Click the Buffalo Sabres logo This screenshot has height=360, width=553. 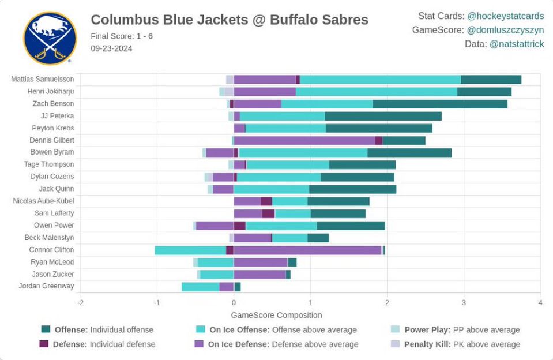click(x=50, y=38)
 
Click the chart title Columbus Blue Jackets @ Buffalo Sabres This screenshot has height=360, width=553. click(x=229, y=20)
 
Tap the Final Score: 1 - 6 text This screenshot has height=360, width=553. click(x=122, y=36)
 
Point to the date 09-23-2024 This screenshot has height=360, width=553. click(x=111, y=48)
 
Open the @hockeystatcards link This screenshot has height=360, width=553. click(x=505, y=16)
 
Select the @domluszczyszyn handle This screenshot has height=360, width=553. click(x=505, y=30)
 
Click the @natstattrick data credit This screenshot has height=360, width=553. click(x=516, y=44)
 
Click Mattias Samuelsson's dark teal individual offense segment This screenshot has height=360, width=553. click(x=491, y=80)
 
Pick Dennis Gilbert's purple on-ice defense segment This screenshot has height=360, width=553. click(x=304, y=140)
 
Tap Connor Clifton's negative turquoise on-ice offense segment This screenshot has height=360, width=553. click(x=190, y=250)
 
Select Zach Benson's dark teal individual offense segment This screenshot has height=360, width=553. click(x=440, y=104)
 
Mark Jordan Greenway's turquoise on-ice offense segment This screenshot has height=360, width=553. click(x=201, y=286)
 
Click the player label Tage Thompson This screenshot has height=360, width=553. click(x=49, y=164)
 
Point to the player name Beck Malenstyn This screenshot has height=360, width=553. click(x=49, y=238)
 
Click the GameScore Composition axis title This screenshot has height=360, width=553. click(x=276, y=316)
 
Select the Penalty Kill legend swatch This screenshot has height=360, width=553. click(x=395, y=344)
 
